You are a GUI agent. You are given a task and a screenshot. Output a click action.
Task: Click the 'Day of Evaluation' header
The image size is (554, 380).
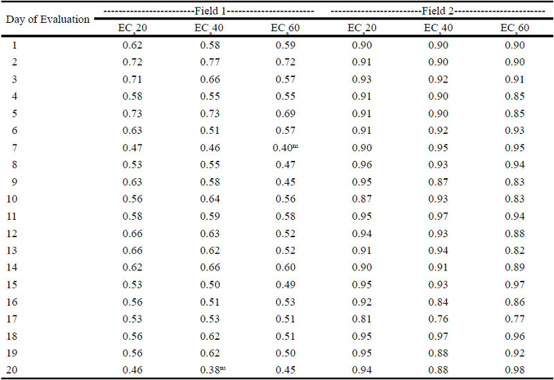tap(48, 19)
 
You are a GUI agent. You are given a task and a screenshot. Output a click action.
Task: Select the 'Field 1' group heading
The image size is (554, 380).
tap(208, 12)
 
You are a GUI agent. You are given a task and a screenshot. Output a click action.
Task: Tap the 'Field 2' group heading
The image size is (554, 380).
tap(437, 12)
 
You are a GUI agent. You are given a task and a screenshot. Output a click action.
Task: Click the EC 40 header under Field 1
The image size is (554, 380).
tap(209, 28)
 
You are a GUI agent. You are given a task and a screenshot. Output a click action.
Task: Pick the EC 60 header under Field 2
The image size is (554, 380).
tap(514, 28)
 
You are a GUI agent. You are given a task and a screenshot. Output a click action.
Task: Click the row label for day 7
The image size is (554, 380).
tap(15, 146)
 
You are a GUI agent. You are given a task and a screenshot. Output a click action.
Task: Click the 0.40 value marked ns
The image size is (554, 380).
tap(284, 146)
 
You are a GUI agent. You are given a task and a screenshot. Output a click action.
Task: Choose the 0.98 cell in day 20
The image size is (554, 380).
tap(514, 370)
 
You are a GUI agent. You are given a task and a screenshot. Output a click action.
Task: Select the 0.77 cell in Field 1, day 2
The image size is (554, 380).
tap(210, 62)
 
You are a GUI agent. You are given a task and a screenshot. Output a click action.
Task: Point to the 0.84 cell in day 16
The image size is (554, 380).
tap(437, 302)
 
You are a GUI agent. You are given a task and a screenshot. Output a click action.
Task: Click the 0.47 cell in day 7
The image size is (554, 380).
tap(132, 146)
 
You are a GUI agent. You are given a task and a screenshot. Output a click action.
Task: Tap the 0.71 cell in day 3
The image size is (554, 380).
tap(132, 79)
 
